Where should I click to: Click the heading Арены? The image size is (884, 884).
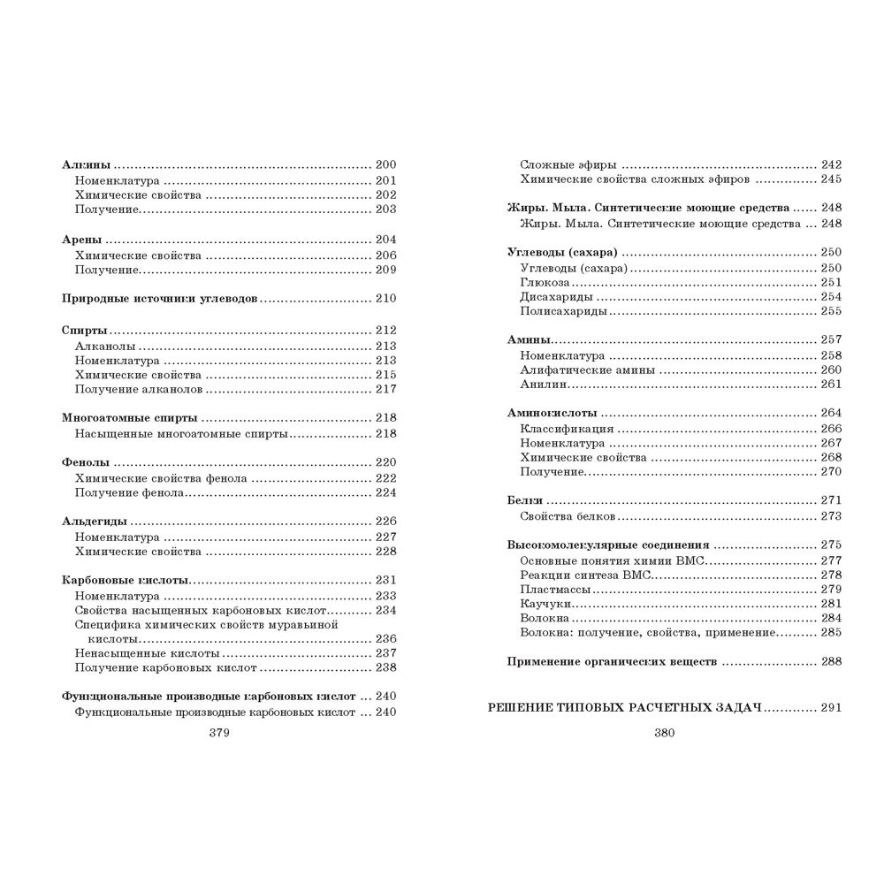tap(82, 240)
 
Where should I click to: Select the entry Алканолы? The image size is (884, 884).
tap(105, 346)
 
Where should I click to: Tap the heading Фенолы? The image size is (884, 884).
tap(87, 462)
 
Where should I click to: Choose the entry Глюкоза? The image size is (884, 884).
tap(545, 282)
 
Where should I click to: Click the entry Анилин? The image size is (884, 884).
tap(544, 384)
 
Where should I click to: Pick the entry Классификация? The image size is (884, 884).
tap(567, 428)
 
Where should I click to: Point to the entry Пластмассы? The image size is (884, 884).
tap(556, 589)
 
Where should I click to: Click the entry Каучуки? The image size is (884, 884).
tap(546, 603)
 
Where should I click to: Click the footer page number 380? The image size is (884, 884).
tap(665, 733)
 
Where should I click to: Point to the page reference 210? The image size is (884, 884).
tap(386, 299)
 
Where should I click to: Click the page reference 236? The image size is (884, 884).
tap(386, 638)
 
